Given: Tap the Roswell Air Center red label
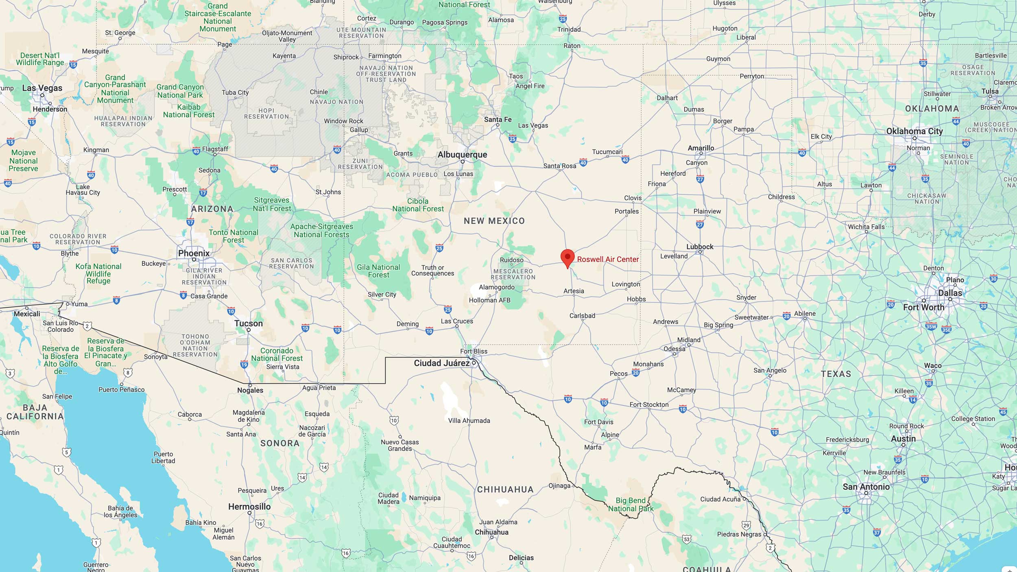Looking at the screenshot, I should [x=608, y=260].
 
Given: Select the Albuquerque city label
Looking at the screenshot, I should [x=462, y=155].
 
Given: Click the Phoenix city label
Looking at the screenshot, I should [x=194, y=253].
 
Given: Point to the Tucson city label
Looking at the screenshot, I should [x=248, y=323].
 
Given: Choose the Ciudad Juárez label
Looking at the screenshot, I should [x=441, y=363].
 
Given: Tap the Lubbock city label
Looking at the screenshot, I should [x=700, y=247].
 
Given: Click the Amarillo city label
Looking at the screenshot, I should [x=701, y=148].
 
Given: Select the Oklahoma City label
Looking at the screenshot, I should [x=914, y=131].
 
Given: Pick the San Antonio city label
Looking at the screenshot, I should [x=866, y=487].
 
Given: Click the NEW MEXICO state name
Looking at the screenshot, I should [x=494, y=221].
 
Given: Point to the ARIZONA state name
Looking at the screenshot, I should [x=212, y=209].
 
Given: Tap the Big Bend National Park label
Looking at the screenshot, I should [x=631, y=504].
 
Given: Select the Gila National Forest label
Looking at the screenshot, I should [x=378, y=271].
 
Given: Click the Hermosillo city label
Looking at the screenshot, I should [x=249, y=507].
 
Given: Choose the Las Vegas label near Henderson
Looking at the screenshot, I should [x=42, y=88].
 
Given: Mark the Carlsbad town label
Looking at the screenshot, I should [x=582, y=316].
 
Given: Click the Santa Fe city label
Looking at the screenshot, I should [x=498, y=119].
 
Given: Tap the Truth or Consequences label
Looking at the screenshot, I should [x=432, y=271].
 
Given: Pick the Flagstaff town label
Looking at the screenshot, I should [x=215, y=149].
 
